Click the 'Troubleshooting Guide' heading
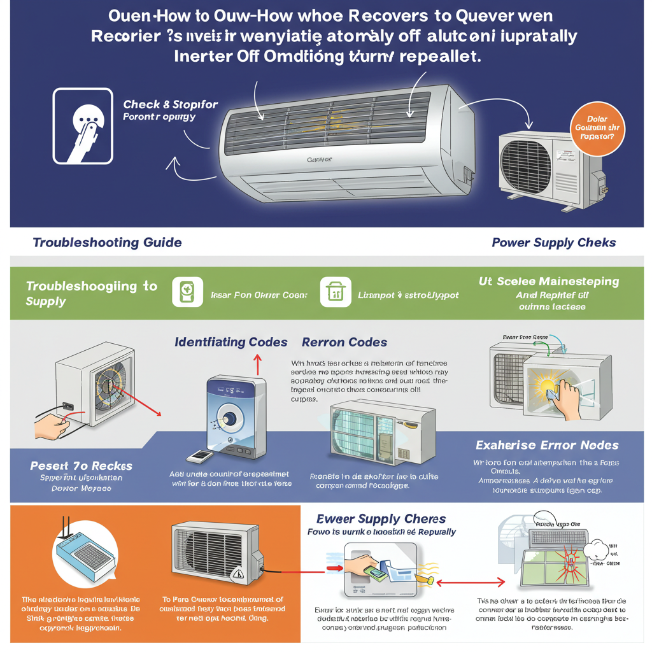click(x=107, y=243)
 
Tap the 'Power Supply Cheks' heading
click(x=553, y=243)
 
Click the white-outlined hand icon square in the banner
click(x=83, y=125)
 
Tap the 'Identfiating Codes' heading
click(x=230, y=342)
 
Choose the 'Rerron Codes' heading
click(x=344, y=342)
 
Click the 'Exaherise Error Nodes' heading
click(x=547, y=444)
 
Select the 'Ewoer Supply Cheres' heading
click(x=381, y=519)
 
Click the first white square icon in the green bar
click(x=187, y=292)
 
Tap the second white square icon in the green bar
click(x=335, y=292)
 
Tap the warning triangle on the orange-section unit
click(x=239, y=574)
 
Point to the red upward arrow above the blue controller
click(x=258, y=364)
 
